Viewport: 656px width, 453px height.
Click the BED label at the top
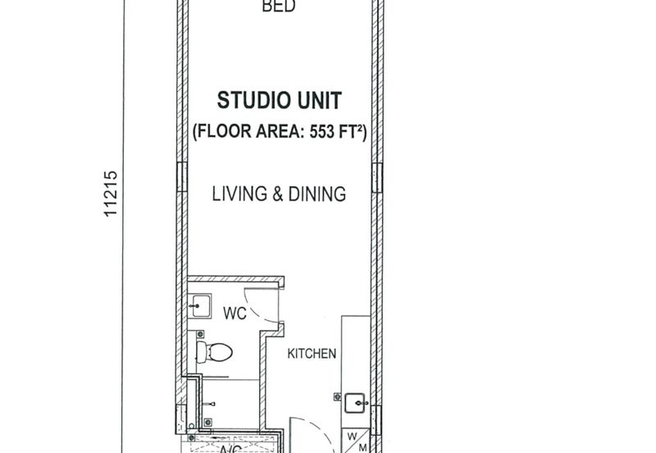(278, 7)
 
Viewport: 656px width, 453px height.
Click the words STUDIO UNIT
(279, 101)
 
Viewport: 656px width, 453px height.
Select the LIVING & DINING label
(279, 194)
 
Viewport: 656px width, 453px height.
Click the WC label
(235, 313)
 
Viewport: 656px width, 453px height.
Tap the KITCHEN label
(312, 354)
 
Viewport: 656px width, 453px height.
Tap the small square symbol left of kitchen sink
(336, 396)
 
